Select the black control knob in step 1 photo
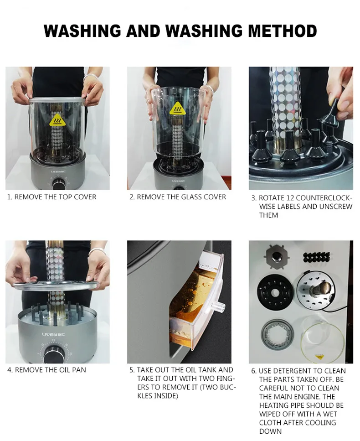pos(58,184)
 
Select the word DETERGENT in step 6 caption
pos(295,371)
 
